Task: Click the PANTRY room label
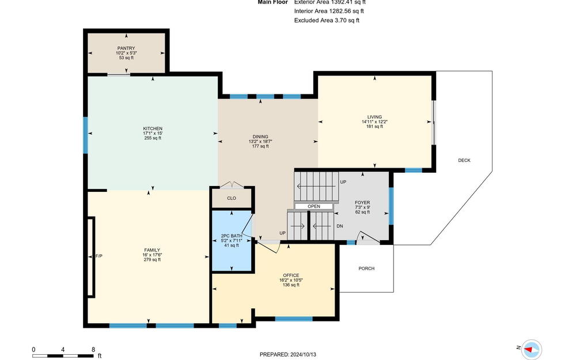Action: coord(126,48)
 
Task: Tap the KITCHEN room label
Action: coord(153,128)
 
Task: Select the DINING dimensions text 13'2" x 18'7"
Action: coord(260,142)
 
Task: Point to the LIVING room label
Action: coord(374,117)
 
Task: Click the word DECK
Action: coord(464,160)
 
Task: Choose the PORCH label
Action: coord(366,268)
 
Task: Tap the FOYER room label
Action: coord(362,202)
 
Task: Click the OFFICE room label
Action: coord(291,275)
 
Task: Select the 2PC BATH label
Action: coord(232,236)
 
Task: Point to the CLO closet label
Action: coord(232,198)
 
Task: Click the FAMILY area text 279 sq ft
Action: coord(152,260)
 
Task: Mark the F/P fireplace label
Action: coord(99,256)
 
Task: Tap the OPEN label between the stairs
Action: coord(314,206)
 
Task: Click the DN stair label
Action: coord(340,226)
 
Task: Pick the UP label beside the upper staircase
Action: coord(343,182)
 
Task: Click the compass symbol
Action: coord(532,349)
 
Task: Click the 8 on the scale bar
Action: coord(93,350)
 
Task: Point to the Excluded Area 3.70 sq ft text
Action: coord(327,21)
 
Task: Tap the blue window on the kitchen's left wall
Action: coord(86,135)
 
